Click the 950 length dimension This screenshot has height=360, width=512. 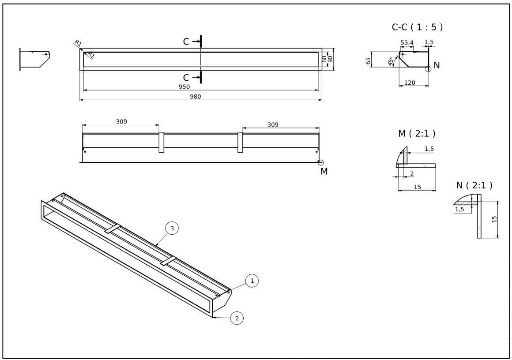point(184,87)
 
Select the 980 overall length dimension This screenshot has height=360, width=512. point(196,97)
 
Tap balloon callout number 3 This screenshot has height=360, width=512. point(172,228)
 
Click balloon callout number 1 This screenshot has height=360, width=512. point(252,280)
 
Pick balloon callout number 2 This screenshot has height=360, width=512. point(237,318)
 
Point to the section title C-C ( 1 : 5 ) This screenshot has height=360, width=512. point(417,27)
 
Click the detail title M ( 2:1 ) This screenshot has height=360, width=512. point(414,133)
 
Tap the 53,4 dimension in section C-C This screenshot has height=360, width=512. point(407,43)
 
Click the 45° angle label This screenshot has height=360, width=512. point(391,61)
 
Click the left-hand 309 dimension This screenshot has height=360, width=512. point(122,121)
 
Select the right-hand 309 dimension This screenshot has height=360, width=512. point(273,125)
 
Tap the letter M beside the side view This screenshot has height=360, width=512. point(324,172)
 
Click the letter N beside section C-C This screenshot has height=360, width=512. point(437,66)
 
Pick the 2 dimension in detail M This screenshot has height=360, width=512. point(412,174)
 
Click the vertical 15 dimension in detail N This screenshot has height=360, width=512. point(495,219)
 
